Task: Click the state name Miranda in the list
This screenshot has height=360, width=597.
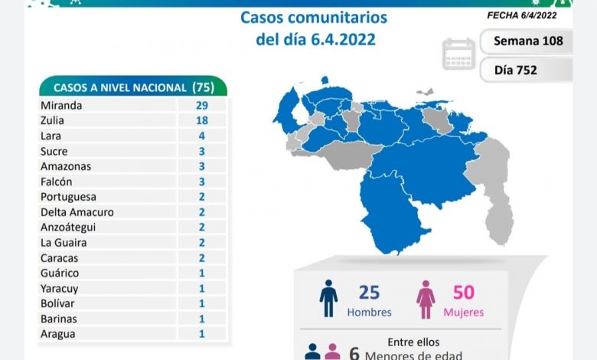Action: [60, 105]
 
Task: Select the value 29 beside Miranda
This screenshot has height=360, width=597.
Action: [201, 105]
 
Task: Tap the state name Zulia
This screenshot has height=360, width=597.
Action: [53, 120]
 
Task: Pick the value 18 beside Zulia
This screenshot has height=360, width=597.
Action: [201, 120]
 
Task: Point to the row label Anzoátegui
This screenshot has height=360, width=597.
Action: [70, 227]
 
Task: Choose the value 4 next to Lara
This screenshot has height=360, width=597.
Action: [201, 136]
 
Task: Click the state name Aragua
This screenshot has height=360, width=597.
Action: [58, 334]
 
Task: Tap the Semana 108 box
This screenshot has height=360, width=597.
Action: [528, 41]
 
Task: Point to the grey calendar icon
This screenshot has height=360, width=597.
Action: [458, 54]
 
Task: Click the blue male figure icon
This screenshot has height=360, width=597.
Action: [328, 298]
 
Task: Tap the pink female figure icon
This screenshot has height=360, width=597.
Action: [426, 298]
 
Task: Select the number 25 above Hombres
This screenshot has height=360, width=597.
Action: [369, 292]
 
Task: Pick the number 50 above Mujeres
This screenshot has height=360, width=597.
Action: [463, 292]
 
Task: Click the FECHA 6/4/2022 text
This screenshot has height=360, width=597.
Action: [523, 15]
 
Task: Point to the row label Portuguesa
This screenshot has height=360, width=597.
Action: [68, 197]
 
